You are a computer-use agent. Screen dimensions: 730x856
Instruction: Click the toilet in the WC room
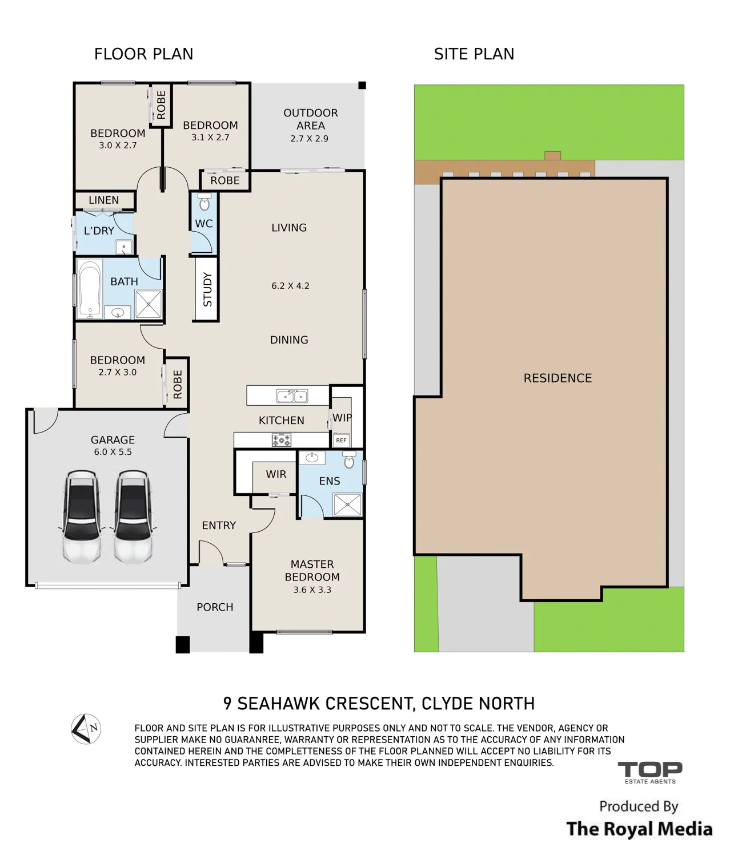(x=204, y=201)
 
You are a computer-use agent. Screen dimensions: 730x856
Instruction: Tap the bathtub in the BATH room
(x=90, y=289)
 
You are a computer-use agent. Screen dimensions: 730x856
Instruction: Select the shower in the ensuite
(x=347, y=504)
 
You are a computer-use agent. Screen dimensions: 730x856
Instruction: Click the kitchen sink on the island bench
(x=292, y=396)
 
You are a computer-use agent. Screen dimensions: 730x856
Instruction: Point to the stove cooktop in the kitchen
(x=282, y=440)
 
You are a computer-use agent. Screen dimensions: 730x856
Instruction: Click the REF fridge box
(x=341, y=440)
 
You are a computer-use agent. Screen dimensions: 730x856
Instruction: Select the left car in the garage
(x=82, y=516)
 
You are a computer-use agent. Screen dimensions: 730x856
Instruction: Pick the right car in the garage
(x=133, y=516)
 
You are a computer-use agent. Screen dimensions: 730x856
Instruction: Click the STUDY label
(x=207, y=289)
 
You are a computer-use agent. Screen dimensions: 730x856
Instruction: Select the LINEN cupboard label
(x=103, y=200)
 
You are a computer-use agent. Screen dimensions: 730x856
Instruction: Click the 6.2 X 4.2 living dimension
(x=290, y=286)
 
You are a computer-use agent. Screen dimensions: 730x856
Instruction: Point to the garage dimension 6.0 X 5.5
(x=113, y=452)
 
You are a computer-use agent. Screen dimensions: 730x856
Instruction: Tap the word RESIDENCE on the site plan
(x=557, y=378)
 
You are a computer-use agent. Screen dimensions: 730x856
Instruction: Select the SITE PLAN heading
(x=474, y=54)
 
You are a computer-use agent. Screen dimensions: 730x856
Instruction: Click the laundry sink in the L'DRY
(x=123, y=247)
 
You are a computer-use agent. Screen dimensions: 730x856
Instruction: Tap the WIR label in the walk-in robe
(x=276, y=474)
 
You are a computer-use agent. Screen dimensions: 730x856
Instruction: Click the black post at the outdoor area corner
(x=362, y=85)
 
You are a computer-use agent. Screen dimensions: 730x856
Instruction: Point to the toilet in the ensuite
(x=349, y=460)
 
